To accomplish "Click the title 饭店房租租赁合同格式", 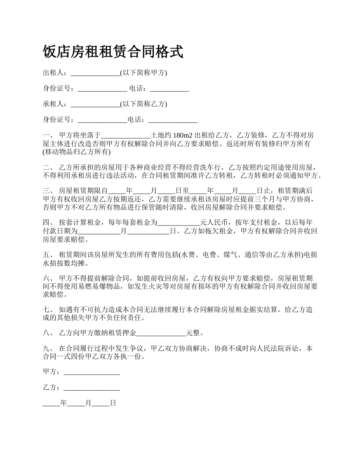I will point(113,52).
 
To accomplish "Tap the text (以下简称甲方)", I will point(143,73).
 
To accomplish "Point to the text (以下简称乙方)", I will point(143,104).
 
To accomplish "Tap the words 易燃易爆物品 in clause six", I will point(100,286).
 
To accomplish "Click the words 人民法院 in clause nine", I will point(265,349).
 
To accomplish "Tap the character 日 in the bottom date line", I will point(113,403).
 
